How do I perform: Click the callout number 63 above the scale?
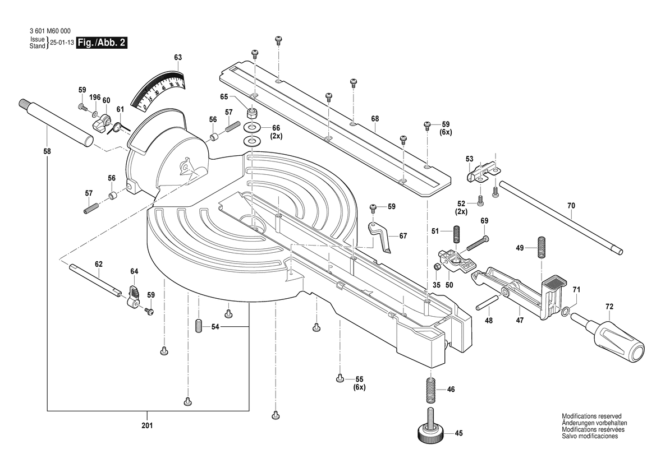[x=178, y=57]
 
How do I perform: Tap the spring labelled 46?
[x=430, y=390]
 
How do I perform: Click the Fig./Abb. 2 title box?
[x=101, y=43]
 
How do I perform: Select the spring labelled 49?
[x=542, y=247]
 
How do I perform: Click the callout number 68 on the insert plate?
[x=375, y=118]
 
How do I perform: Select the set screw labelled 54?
[x=198, y=326]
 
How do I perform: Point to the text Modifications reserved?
[x=591, y=416]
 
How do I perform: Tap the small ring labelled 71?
[x=565, y=311]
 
